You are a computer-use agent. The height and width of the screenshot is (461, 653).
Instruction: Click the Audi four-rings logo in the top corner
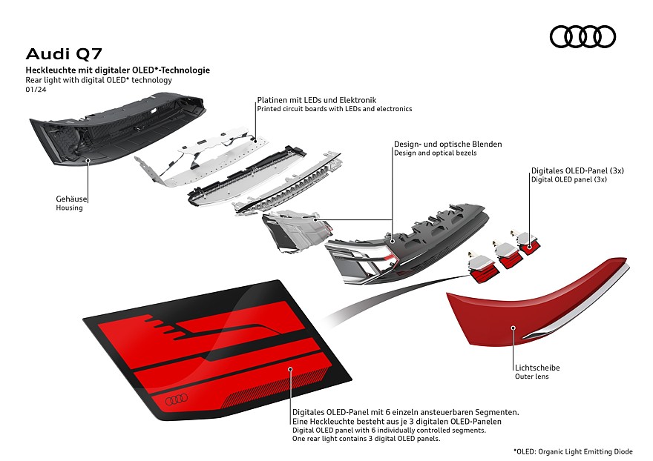(x=583, y=36)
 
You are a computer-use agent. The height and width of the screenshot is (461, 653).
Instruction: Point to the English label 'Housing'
(x=69, y=208)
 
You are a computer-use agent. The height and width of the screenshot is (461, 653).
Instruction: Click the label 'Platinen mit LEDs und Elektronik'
(x=317, y=99)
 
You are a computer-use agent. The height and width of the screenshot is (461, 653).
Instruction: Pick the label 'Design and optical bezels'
(x=435, y=153)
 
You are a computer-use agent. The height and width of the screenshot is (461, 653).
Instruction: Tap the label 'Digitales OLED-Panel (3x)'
(x=577, y=170)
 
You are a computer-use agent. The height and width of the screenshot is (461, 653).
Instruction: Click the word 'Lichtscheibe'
(x=537, y=368)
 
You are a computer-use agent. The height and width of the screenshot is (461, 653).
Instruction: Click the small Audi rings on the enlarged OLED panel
(x=176, y=399)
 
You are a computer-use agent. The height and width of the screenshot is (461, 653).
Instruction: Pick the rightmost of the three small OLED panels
(x=529, y=242)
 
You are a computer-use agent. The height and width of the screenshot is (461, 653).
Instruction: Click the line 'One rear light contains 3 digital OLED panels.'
(x=367, y=440)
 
